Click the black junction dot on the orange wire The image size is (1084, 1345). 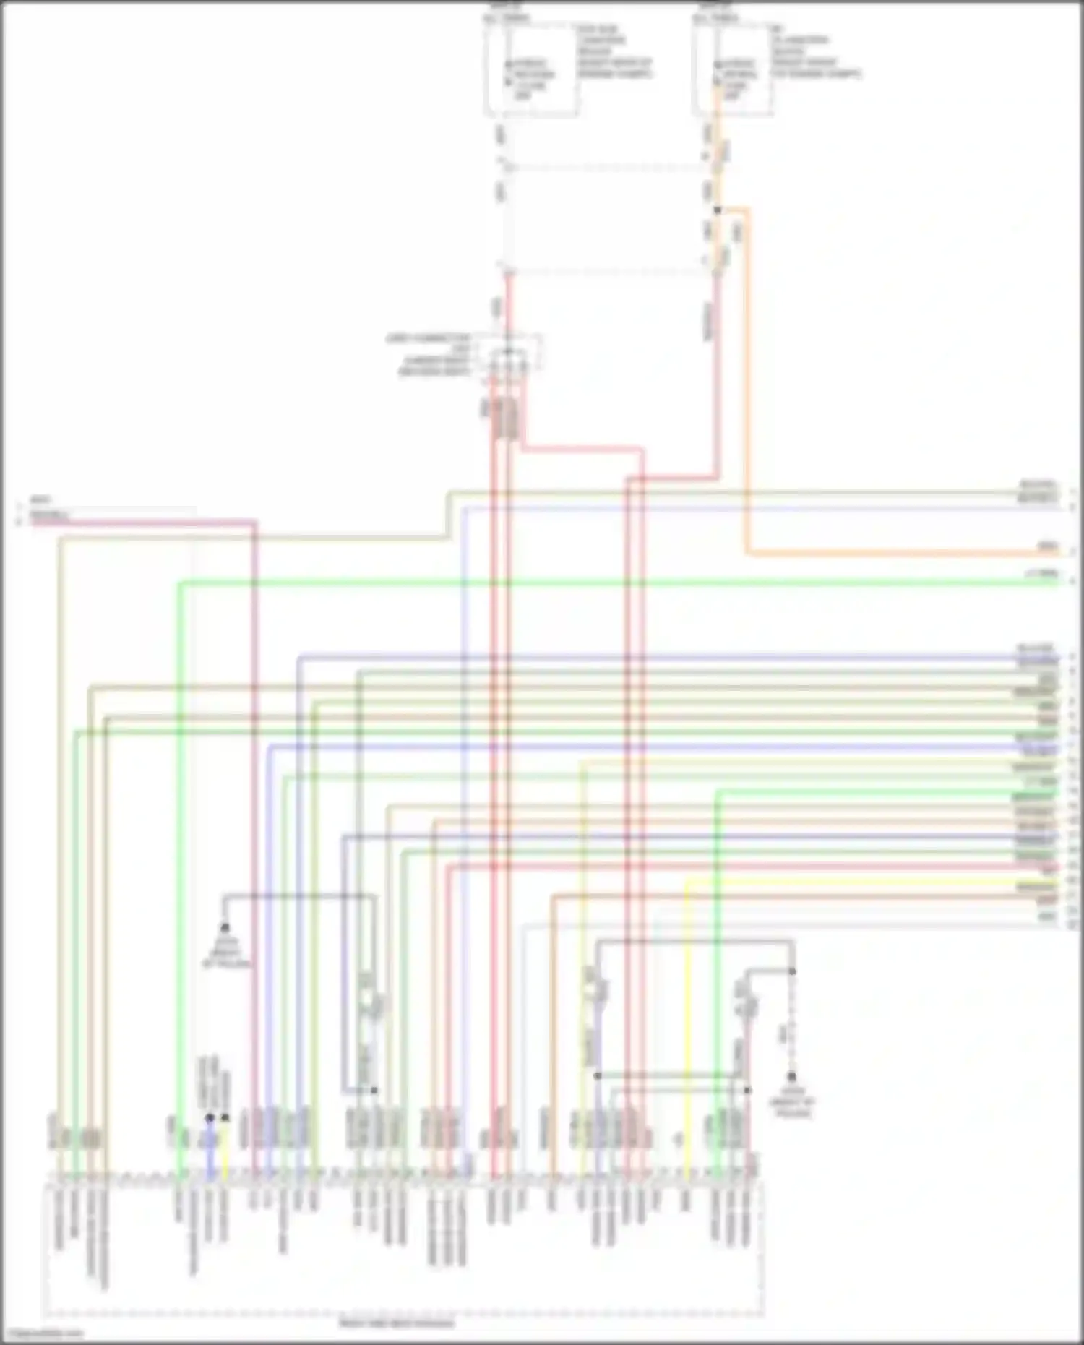click(718, 210)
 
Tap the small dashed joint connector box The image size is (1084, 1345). click(515, 357)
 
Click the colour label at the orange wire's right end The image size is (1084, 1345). click(1046, 546)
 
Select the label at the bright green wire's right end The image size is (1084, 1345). click(1044, 573)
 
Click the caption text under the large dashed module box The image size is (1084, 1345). click(397, 1324)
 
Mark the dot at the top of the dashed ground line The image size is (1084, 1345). click(792, 971)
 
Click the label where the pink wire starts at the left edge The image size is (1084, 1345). click(49, 517)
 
